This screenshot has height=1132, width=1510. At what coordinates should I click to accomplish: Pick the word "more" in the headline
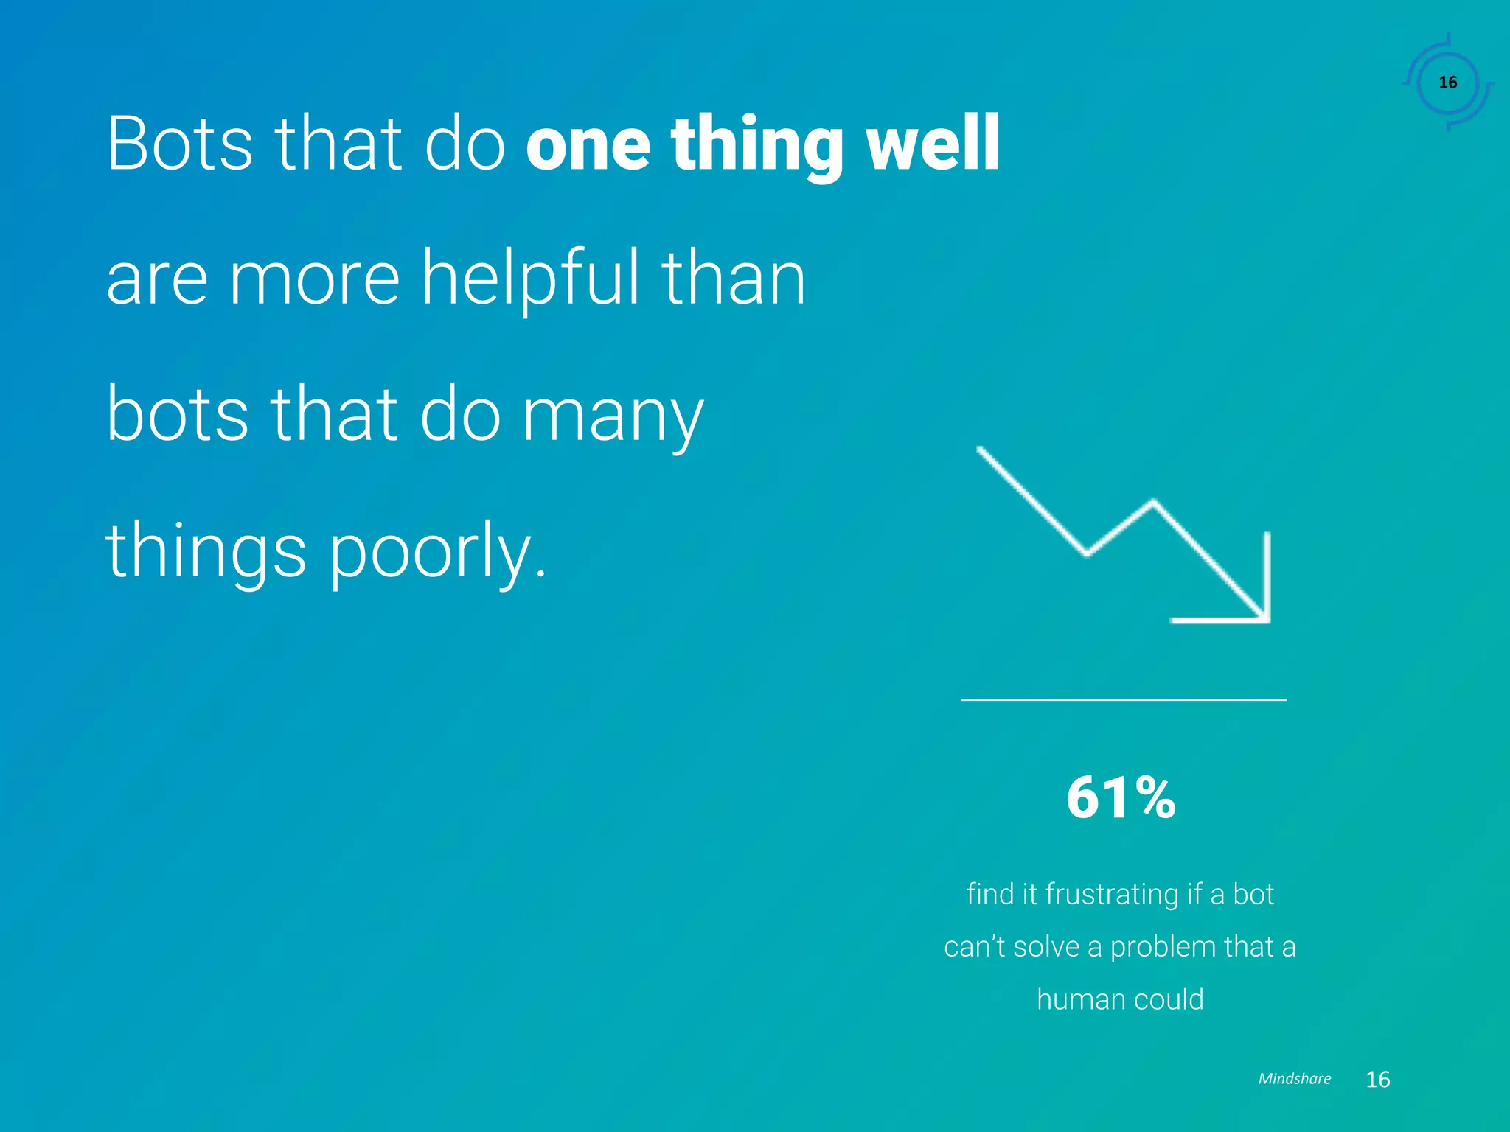pos(315,279)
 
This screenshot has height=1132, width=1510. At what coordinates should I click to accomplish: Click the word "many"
pos(613,416)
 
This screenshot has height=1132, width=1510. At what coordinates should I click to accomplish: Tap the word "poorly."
pos(437,553)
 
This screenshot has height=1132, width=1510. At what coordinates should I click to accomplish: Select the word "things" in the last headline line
pos(206,553)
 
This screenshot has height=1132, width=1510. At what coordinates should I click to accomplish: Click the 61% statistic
pos(1121,798)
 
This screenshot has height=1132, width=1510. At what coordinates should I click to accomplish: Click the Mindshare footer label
pos(1294,1079)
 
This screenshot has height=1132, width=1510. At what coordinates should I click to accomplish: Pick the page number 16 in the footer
pos(1377,1080)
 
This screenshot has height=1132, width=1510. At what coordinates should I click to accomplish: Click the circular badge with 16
pos(1448,83)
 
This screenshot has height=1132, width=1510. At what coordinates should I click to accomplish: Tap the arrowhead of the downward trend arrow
pos(1253,604)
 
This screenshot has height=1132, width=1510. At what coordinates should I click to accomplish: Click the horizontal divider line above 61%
pos(1124,699)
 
